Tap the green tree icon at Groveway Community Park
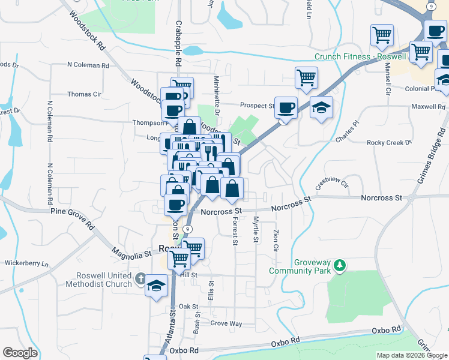(x=340, y=265)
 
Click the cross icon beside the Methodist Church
(x=140, y=278)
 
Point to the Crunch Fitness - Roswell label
(x=360, y=57)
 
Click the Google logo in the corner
(x=20, y=353)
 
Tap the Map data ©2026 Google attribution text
(x=412, y=355)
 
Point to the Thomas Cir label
(x=84, y=94)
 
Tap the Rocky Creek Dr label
(x=390, y=143)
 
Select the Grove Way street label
(x=226, y=323)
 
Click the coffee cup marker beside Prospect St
(x=286, y=107)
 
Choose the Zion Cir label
(x=276, y=238)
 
